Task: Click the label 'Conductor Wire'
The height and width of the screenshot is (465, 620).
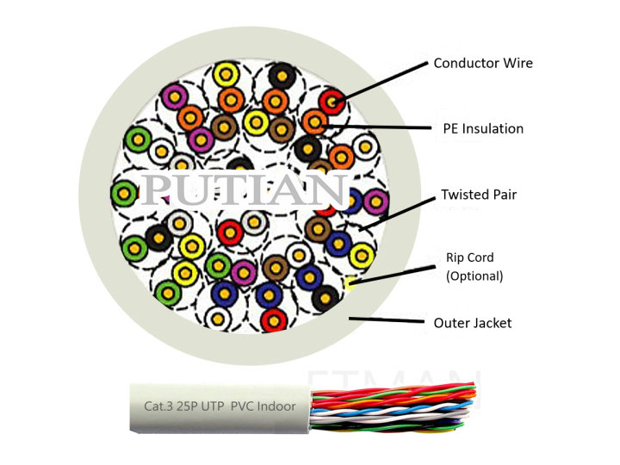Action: click(482, 63)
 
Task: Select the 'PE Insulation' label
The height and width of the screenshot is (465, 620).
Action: click(478, 128)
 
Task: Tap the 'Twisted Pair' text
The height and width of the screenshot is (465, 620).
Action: click(478, 195)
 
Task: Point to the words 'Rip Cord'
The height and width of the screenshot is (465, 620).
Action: click(469, 257)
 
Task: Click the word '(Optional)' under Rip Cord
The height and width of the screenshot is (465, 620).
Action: click(474, 276)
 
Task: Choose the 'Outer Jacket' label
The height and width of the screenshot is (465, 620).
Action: click(473, 323)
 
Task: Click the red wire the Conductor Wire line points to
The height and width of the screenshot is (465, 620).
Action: click(333, 102)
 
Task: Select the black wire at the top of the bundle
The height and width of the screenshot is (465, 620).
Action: click(282, 75)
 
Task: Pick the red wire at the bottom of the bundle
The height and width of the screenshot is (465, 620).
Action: click(273, 320)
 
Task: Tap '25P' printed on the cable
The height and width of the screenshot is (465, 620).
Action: click(186, 406)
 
